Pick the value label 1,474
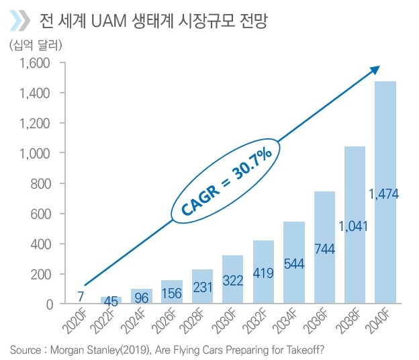(384, 194)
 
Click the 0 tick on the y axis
(48, 304)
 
